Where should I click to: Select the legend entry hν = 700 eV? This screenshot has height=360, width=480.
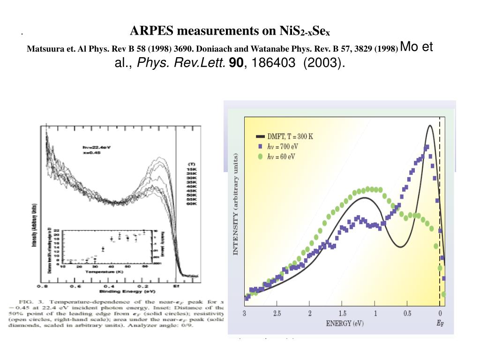[x=283, y=147]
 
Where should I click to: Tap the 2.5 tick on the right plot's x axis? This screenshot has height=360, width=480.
[x=277, y=313]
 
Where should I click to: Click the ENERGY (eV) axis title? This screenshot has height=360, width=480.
[x=344, y=323]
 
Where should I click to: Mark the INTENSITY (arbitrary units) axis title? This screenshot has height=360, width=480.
[x=236, y=204]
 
